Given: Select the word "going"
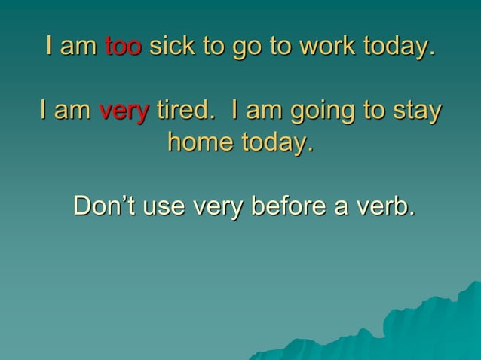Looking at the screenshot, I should point(326,113).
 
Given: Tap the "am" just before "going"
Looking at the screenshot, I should point(263,112).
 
